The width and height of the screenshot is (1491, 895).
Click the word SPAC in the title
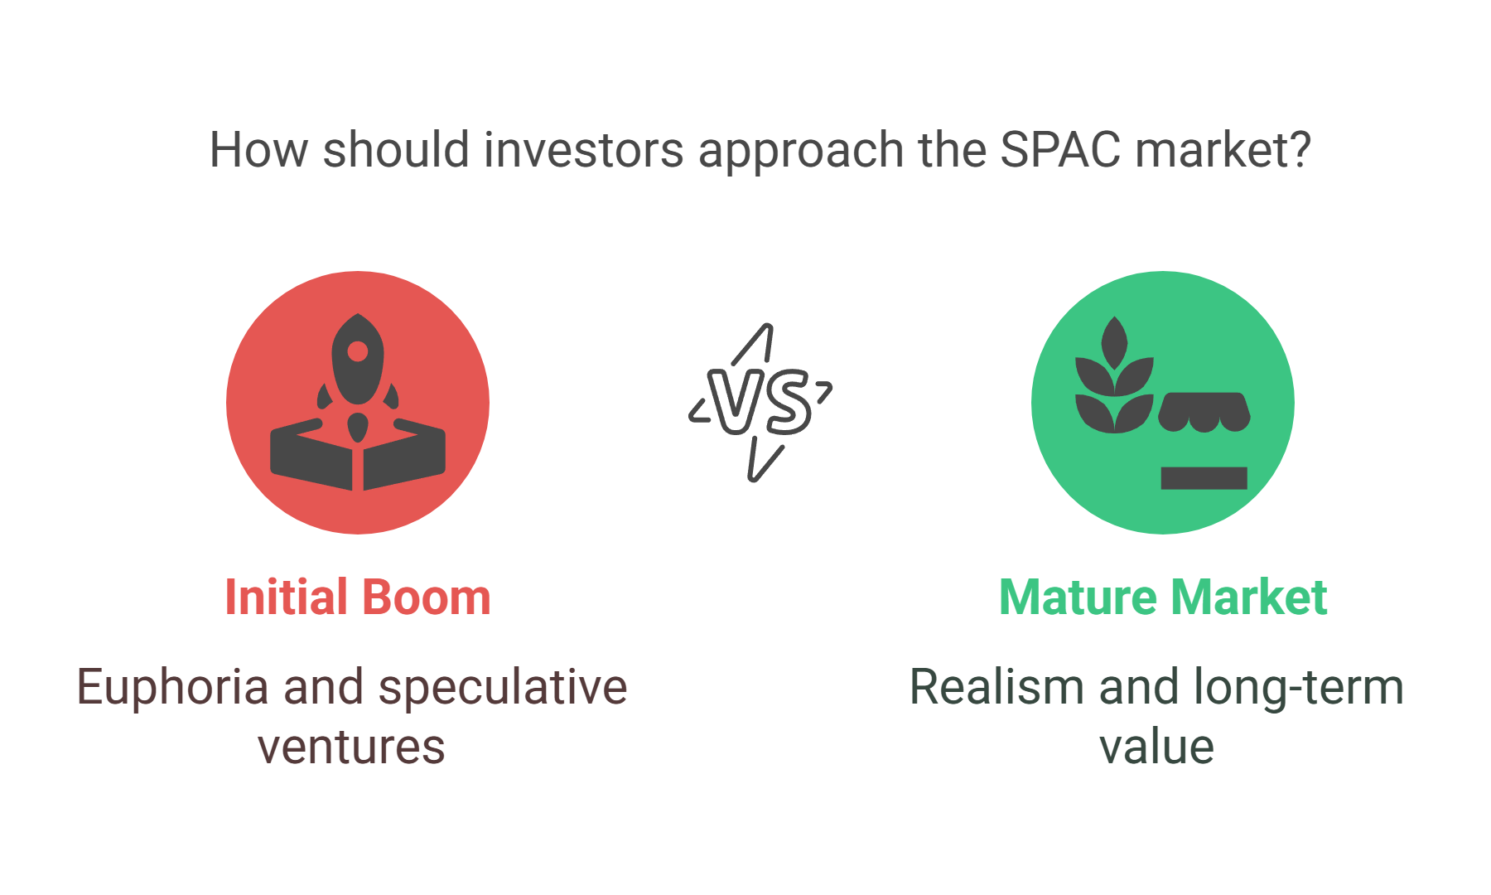1060,150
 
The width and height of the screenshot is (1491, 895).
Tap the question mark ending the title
1300,149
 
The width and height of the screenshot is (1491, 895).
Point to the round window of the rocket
358,351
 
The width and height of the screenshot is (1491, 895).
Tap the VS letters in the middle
760,403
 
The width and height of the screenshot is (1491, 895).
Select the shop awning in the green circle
1204,412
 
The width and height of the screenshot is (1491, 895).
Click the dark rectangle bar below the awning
1204,478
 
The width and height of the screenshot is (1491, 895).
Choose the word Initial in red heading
287,597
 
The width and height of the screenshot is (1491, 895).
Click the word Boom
427,597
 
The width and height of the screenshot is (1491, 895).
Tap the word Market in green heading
1249,597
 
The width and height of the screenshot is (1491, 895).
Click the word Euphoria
173,688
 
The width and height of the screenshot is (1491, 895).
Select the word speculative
503,688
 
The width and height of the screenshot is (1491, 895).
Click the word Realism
997,688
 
